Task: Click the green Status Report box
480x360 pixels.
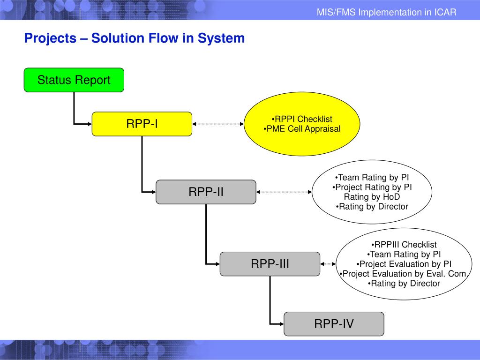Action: click(74, 80)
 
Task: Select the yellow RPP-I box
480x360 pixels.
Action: click(142, 124)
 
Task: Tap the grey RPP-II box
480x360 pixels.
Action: click(206, 192)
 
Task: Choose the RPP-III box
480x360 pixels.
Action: click(270, 264)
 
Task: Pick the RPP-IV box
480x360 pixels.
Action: click(334, 324)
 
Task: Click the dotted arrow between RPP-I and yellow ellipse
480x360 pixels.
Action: click(218, 124)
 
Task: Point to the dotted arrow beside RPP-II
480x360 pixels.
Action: click(284, 192)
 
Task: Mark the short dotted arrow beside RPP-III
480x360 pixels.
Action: click(328, 264)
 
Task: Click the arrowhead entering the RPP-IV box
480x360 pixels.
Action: click(282, 324)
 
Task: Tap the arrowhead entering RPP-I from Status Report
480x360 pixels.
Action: click(90, 124)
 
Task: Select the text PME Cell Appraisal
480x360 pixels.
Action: click(303, 129)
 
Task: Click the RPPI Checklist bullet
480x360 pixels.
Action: click(302, 119)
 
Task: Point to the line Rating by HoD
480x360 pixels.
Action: click(372, 197)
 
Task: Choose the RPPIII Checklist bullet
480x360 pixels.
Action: click(404, 245)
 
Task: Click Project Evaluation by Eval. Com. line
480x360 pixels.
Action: click(404, 274)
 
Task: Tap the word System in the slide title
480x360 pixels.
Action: click(221, 38)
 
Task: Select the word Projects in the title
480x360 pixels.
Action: click(50, 38)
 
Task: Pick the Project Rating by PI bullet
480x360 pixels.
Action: click(372, 187)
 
